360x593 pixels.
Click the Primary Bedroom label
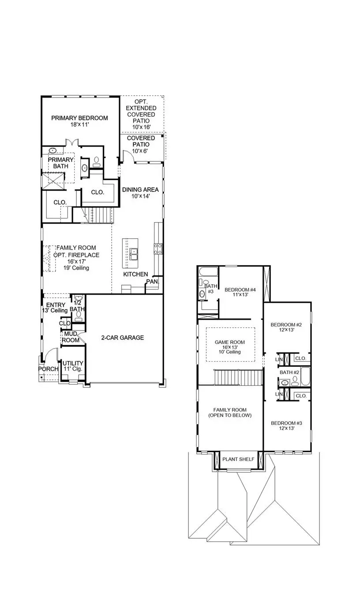[79, 118]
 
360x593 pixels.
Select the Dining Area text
[140, 190]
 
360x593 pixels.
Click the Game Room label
[229, 342]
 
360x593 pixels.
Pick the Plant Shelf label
[238, 459]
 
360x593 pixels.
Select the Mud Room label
[71, 337]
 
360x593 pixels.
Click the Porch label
[48, 369]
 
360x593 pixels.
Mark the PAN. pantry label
[152, 281]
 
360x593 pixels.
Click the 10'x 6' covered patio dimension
[141, 151]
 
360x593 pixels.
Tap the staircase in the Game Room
[238, 377]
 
